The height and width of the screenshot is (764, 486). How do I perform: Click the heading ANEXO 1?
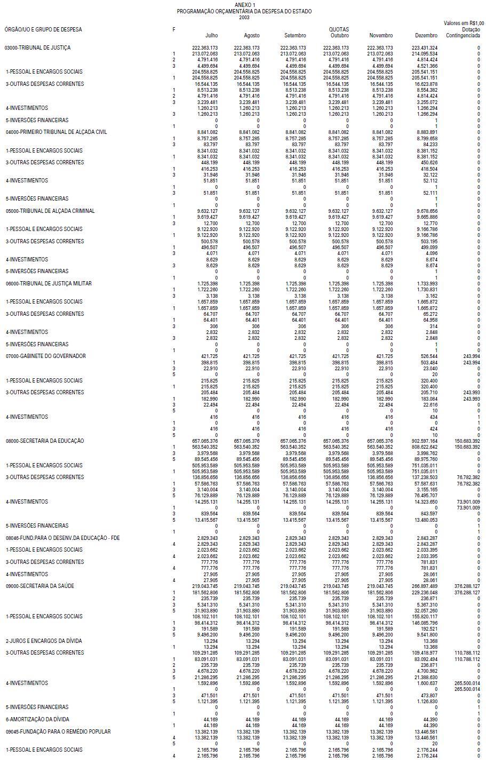tap(244, 5)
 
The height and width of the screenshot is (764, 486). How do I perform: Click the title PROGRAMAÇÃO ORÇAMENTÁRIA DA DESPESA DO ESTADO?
tap(244, 11)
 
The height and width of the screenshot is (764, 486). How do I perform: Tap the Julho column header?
tap(211, 35)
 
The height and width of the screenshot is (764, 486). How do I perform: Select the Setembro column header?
tap(295, 35)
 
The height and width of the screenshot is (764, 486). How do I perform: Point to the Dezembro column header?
tap(426, 35)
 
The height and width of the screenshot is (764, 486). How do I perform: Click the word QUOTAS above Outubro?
tap(339, 29)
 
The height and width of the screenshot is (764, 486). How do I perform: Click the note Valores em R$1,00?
tap(464, 23)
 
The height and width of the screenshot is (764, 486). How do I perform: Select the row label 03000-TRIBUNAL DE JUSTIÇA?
tap(37, 47)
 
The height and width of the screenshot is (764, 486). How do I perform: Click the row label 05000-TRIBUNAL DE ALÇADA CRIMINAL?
tap(50, 211)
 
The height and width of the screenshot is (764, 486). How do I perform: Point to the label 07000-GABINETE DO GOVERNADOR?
tap(45, 356)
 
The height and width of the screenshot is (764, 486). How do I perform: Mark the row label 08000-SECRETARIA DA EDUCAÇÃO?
tap(45, 441)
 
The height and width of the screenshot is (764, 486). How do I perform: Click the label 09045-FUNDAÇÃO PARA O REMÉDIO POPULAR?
tap(58, 731)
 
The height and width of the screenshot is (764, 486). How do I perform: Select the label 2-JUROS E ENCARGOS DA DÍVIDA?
tap(44, 641)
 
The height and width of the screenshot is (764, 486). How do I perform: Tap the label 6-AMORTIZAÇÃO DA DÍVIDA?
tap(37, 719)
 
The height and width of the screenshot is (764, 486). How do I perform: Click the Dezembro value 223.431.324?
tap(425, 47)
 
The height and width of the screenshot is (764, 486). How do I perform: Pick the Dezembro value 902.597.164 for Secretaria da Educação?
tap(425, 441)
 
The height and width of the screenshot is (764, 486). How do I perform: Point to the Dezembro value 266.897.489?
tap(425, 586)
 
